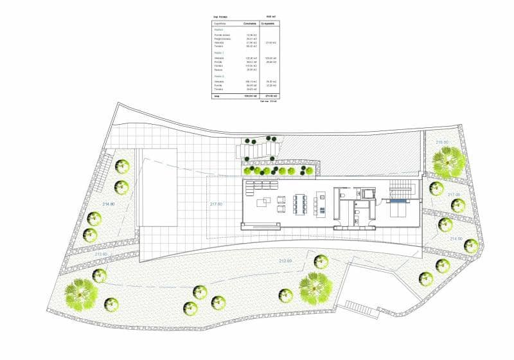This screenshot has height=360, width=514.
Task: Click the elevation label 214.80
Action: point(108,204)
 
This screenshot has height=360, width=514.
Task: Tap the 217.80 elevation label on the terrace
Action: point(216,204)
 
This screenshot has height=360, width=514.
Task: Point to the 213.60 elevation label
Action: point(101,254)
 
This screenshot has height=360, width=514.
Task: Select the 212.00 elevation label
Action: point(285,260)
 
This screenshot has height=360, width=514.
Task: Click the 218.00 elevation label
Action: point(442,142)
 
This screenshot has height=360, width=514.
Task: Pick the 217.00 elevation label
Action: point(454,194)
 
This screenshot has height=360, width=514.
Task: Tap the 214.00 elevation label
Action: point(456,239)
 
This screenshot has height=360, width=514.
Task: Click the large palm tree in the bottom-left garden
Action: point(82,294)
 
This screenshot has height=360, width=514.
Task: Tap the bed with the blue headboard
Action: point(397,209)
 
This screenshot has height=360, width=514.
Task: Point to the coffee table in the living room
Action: point(263,203)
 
